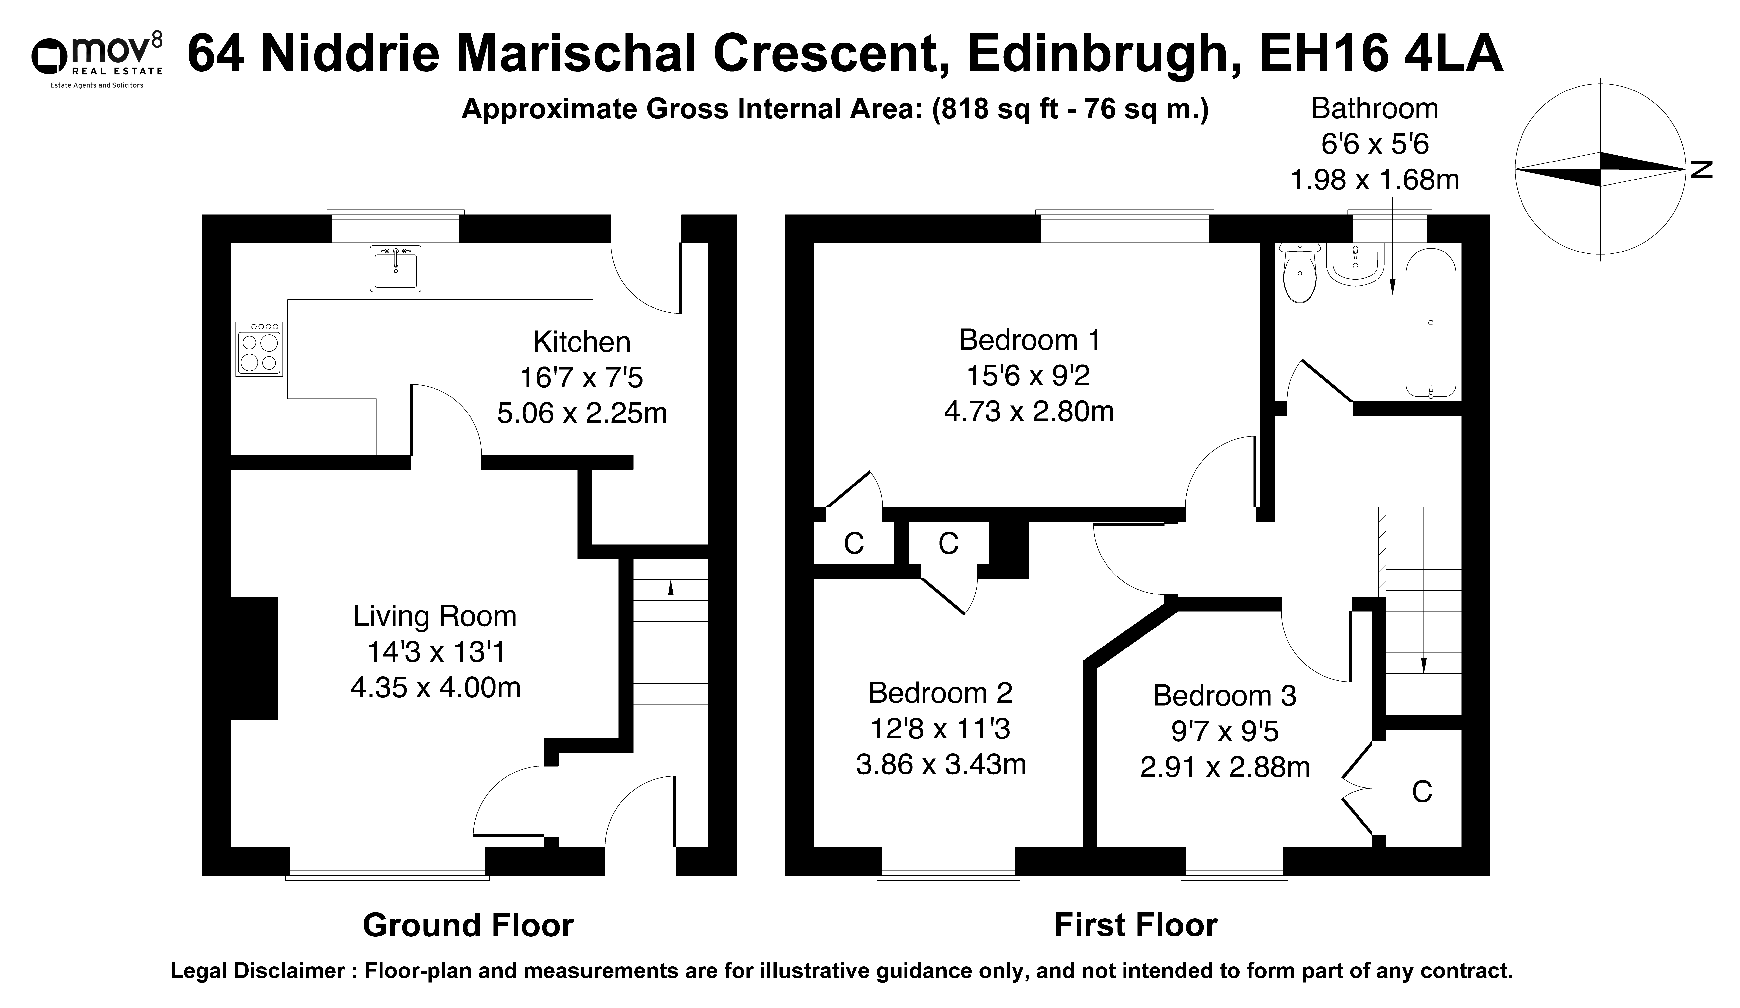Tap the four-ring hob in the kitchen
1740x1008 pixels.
coord(259,349)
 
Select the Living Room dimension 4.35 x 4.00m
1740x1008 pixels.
coord(436,688)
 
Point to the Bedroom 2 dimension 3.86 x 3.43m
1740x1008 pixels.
coord(941,764)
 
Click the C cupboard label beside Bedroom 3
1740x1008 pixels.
coord(1422,791)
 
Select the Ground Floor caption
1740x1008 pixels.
coord(468,925)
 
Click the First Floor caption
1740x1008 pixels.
coord(1136,925)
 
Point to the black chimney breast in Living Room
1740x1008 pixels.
coord(254,658)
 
